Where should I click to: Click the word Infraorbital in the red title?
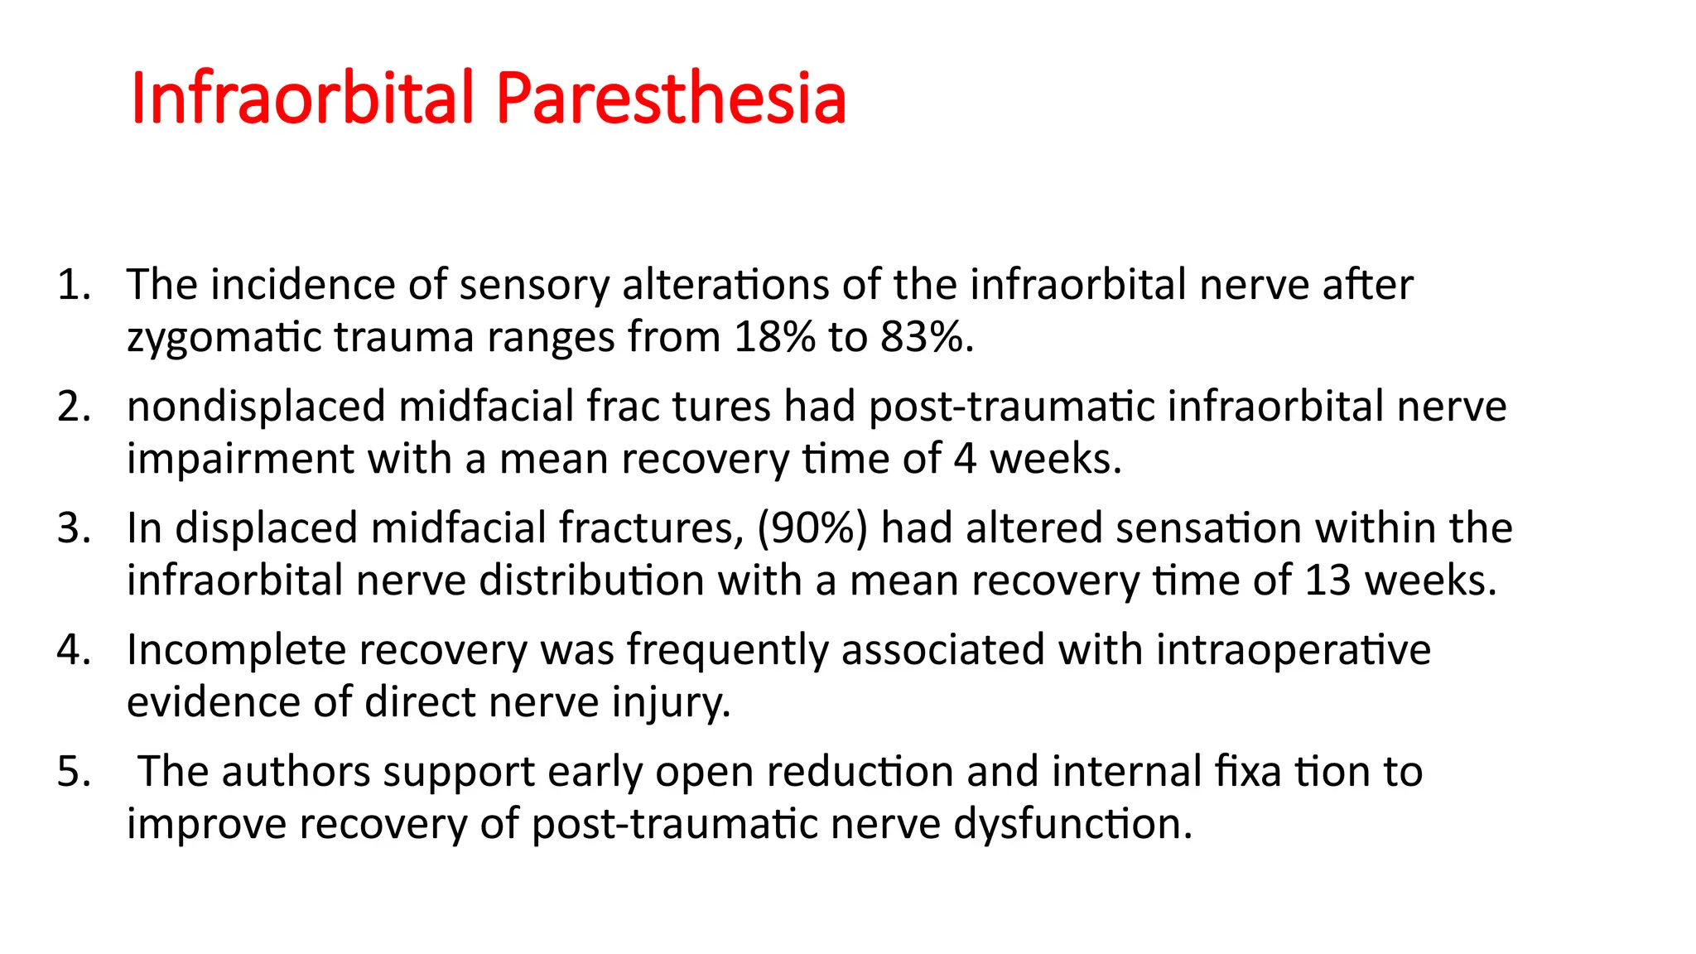pyautogui.click(x=303, y=99)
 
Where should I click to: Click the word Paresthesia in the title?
pyautogui.click(x=671, y=99)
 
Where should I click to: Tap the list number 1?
pyautogui.click(x=73, y=286)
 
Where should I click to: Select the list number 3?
pyautogui.click(x=73, y=529)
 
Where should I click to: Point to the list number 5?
pyautogui.click(x=73, y=773)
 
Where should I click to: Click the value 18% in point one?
pyautogui.click(x=774, y=338)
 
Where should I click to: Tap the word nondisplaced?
pyautogui.click(x=256, y=407)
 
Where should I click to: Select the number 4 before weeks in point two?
pyautogui.click(x=965, y=460)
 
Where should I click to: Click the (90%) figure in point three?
pyautogui.click(x=812, y=529)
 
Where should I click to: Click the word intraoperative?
pyautogui.click(x=1293, y=651)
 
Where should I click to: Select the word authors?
pyautogui.click(x=296, y=773)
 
